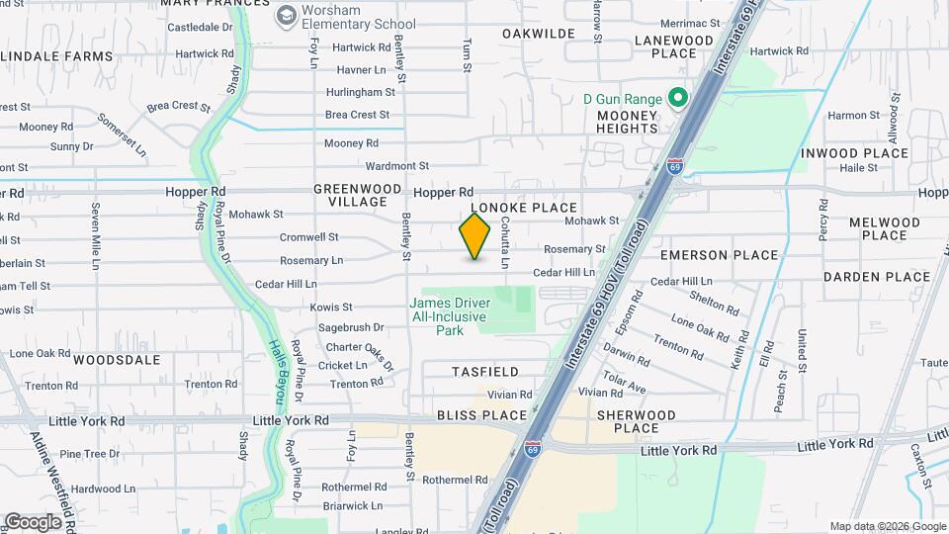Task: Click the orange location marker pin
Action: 475,235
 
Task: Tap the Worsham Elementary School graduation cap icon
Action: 287,16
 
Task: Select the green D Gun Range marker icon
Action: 678,99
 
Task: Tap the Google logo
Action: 34,521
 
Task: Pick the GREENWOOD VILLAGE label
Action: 358,195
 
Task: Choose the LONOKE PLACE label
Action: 523,208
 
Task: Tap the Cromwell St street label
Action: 309,237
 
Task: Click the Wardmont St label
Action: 397,166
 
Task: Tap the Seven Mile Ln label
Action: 96,236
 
